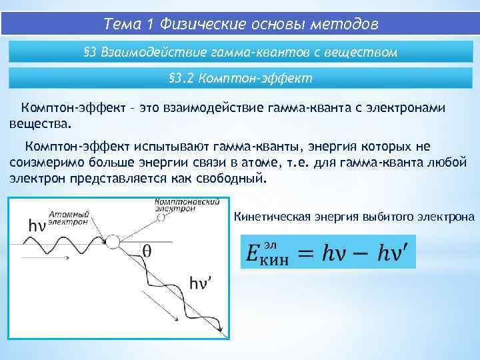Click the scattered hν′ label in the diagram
point(201,282)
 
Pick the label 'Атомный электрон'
point(67,218)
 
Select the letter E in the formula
point(252,254)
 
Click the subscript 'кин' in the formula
point(274,261)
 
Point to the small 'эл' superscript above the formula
point(270,244)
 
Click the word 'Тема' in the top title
point(124,25)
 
